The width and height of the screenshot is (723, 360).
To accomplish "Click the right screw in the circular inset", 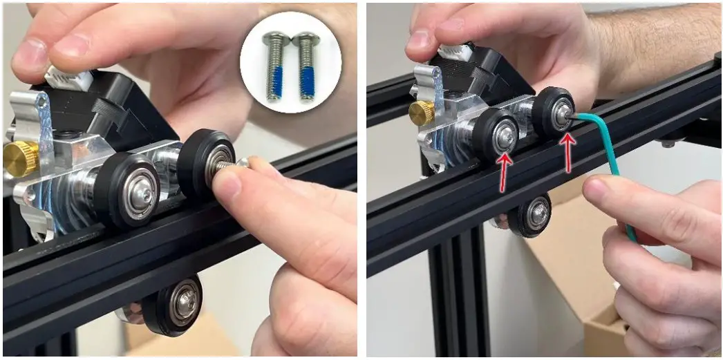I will (x=305, y=68).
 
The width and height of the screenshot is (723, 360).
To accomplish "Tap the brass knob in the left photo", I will (x=20, y=158).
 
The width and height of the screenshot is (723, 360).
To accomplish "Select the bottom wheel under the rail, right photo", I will (x=529, y=216).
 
